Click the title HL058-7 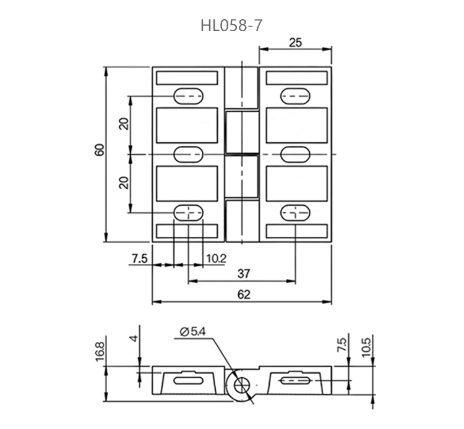coord(231,26)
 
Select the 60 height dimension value coord(100,150)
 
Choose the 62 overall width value coord(243,295)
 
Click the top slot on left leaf coord(188,95)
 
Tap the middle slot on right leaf coord(296,153)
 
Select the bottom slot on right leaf coord(296,213)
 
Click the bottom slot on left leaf coord(188,213)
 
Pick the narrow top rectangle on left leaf coord(187,78)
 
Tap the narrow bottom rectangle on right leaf coord(296,231)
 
